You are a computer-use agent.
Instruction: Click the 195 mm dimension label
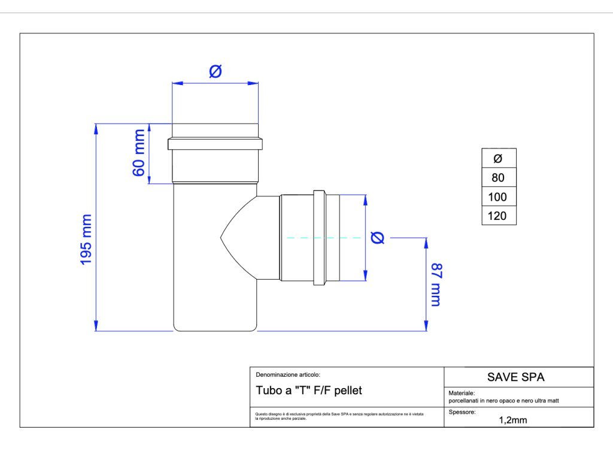(x=86, y=240)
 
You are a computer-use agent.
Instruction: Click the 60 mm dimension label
(x=139, y=153)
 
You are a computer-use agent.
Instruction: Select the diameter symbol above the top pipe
(x=216, y=71)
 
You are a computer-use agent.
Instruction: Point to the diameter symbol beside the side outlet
(x=378, y=238)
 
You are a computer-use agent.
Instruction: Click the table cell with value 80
(x=498, y=177)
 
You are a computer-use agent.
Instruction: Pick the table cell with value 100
(x=498, y=197)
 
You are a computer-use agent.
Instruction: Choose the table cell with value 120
(x=498, y=216)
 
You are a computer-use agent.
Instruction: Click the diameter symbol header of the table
(x=498, y=159)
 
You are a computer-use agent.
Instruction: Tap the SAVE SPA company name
(x=515, y=377)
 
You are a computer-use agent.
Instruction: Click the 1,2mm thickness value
(x=513, y=420)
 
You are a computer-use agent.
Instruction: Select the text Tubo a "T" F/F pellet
(x=309, y=391)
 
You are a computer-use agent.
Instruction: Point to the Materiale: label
(x=462, y=394)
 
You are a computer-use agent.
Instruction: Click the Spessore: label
(x=462, y=413)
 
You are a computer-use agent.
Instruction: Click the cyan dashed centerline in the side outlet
(x=323, y=238)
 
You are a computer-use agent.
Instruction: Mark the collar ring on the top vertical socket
(x=216, y=144)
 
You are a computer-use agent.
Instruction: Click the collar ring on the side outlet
(x=318, y=237)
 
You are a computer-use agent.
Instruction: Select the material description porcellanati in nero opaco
(x=503, y=401)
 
